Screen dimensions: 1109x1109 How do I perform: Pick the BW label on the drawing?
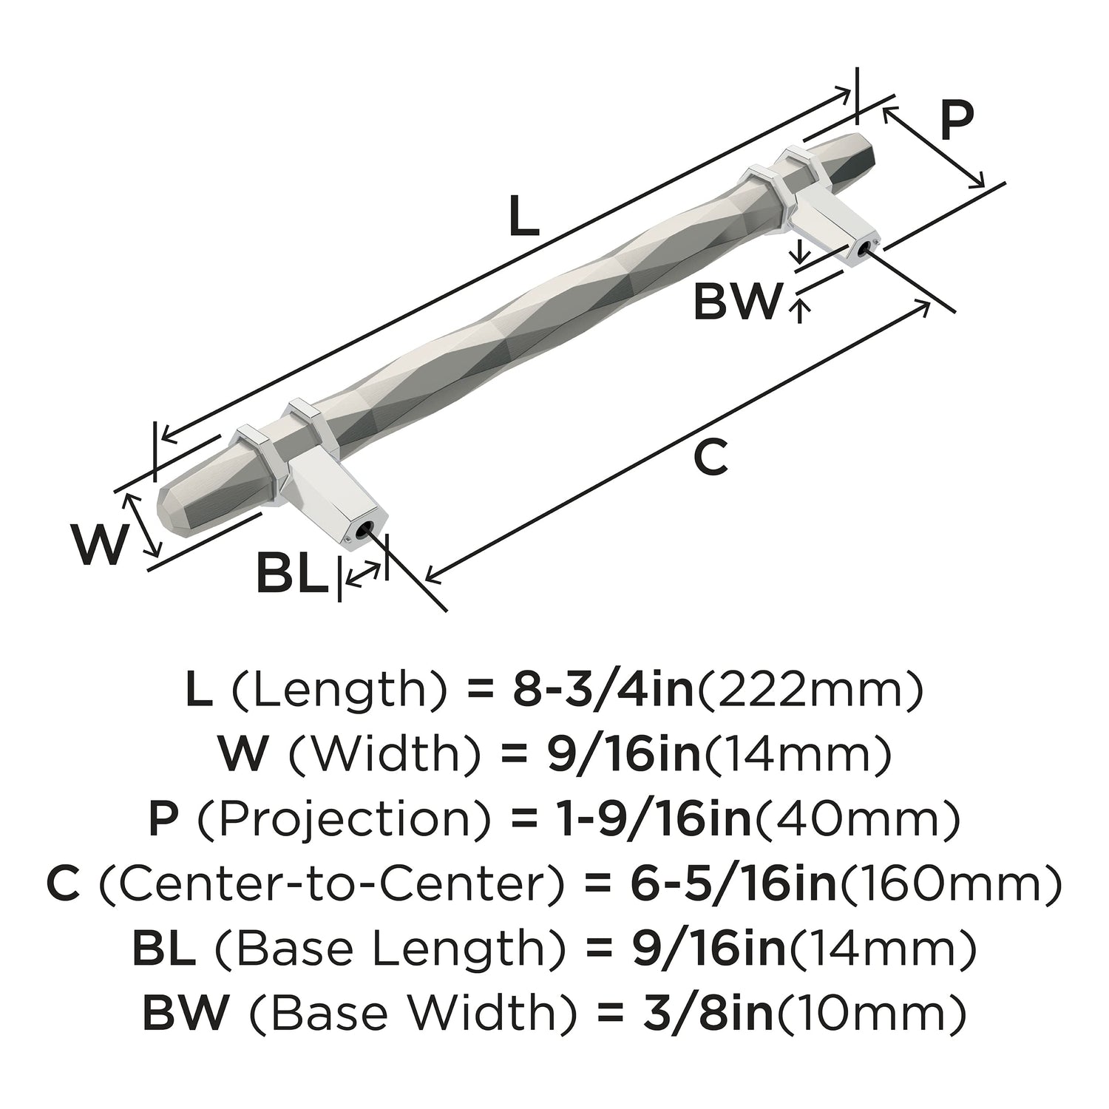click(x=736, y=302)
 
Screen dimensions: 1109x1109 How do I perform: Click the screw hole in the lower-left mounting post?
click(x=361, y=531)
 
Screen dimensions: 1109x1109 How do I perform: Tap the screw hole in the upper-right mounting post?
click(x=862, y=250)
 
